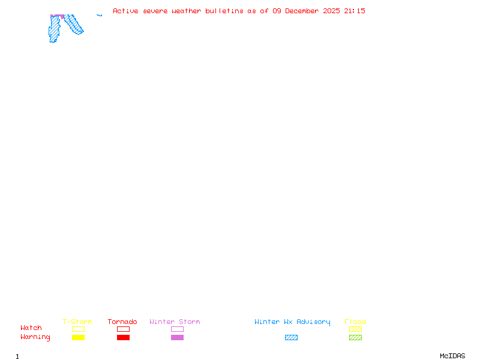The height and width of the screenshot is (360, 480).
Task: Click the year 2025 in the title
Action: (332, 11)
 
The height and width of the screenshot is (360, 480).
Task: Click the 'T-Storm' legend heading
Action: (77, 322)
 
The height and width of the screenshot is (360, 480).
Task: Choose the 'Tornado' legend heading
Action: (122, 322)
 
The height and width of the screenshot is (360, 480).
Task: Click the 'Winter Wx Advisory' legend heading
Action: (292, 322)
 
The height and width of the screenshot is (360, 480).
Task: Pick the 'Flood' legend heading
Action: (355, 322)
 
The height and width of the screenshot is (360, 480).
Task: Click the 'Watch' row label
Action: (31, 328)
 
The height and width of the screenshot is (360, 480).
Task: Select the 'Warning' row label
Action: (35, 337)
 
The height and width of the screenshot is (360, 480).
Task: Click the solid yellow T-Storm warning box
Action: (78, 338)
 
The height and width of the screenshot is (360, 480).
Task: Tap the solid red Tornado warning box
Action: (123, 338)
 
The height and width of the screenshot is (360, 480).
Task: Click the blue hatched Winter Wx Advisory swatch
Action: (291, 338)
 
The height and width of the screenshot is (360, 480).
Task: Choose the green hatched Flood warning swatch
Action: (355, 338)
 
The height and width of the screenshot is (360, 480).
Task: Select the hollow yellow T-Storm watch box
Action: (78, 329)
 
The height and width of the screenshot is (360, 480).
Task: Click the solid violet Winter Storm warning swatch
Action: (177, 338)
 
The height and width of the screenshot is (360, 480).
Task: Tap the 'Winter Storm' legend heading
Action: (175, 322)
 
